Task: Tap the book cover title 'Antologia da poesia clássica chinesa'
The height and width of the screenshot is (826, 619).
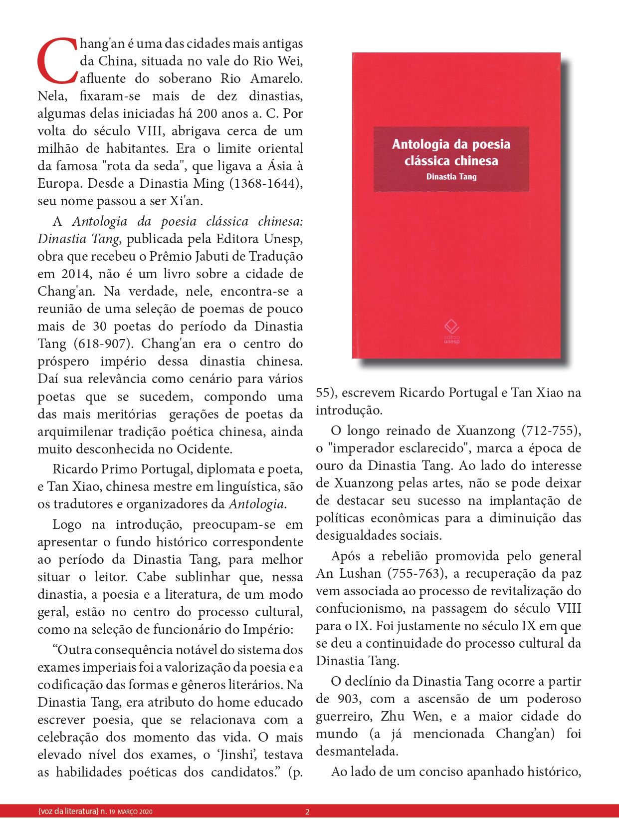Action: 451,152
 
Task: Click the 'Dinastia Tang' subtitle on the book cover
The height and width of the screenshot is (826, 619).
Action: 451,177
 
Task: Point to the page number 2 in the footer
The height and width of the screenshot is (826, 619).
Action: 307,812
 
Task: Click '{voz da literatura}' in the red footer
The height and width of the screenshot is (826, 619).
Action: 68,812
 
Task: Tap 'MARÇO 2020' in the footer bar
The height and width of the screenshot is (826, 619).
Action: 135,812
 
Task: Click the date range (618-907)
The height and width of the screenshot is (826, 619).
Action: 104,344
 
